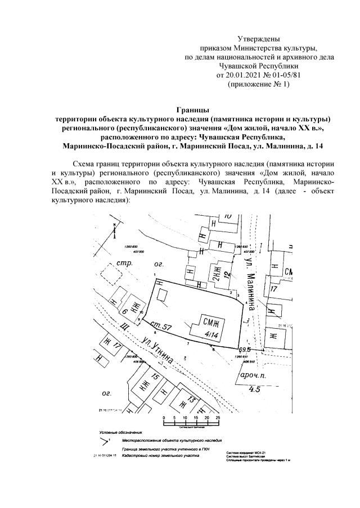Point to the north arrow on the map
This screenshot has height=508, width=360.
[114, 227]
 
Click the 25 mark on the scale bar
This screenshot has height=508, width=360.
[217, 419]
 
